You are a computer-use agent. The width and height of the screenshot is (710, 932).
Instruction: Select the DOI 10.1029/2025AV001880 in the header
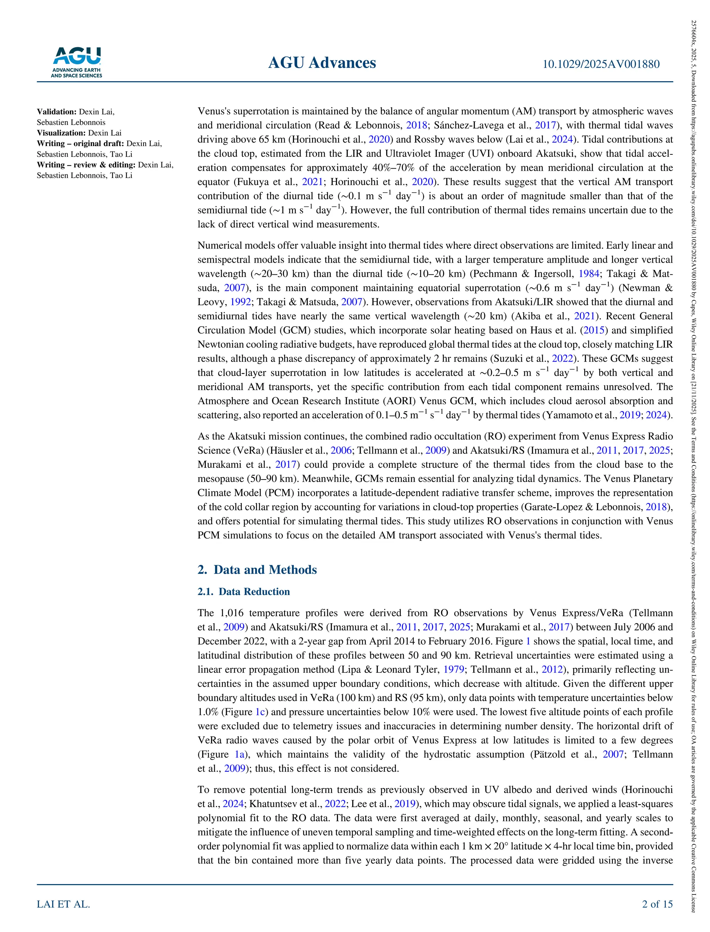click(600, 64)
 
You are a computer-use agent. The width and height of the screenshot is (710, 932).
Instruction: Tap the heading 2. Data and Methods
click(257, 570)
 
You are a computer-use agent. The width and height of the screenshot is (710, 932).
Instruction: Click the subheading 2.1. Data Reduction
click(243, 592)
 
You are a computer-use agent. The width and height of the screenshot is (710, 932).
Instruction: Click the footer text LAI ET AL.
click(63, 904)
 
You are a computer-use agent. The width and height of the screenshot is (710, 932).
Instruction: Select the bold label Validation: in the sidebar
click(57, 112)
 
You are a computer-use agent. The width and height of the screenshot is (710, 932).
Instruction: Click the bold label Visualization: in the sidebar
click(61, 133)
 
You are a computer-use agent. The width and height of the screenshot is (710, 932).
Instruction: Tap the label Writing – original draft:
click(80, 143)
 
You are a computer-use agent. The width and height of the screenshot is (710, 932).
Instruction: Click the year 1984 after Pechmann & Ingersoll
click(589, 273)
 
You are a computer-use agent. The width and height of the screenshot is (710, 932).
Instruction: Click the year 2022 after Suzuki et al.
click(563, 358)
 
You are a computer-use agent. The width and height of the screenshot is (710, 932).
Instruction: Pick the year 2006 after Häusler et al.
click(341, 450)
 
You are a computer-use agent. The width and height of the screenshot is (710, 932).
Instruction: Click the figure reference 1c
click(260, 712)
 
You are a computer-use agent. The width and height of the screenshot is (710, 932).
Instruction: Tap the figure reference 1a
click(240, 754)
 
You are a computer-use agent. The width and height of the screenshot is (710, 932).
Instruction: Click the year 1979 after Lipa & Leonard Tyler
click(453, 669)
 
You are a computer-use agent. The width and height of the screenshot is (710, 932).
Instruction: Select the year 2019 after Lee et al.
click(405, 804)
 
